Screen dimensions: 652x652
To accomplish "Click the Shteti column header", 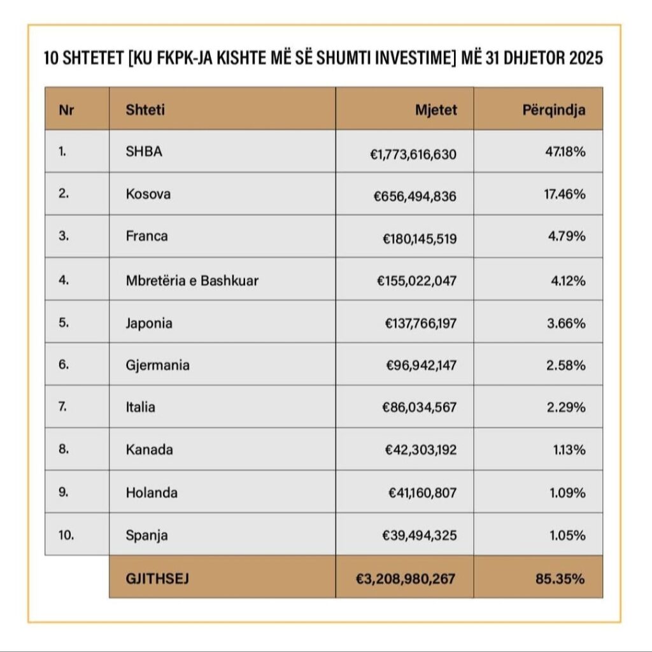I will [x=146, y=109].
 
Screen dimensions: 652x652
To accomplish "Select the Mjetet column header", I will [x=436, y=109].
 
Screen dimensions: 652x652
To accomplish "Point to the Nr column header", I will [x=66, y=109].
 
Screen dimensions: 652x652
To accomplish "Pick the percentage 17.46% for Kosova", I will [x=564, y=194].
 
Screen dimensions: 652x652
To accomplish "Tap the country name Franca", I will [x=147, y=236].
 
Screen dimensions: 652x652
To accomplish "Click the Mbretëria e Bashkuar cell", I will [x=192, y=280].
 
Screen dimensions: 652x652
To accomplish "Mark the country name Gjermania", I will [x=157, y=365].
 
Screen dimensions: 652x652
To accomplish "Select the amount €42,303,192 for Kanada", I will [x=420, y=450].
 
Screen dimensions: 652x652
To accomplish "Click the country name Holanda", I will [x=152, y=493].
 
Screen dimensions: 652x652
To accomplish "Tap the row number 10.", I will [x=66, y=535].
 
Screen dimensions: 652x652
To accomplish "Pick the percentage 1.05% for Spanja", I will [x=567, y=535].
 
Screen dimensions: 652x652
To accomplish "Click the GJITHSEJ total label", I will [x=157, y=579].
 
